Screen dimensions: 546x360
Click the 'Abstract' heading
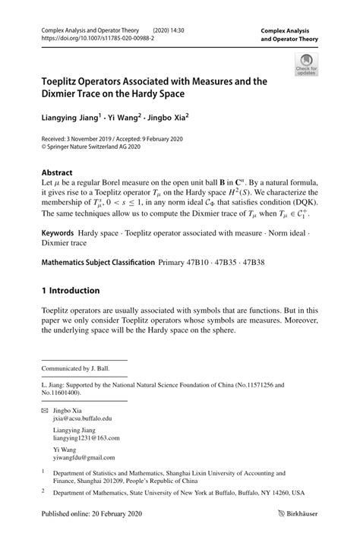point(57,172)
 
